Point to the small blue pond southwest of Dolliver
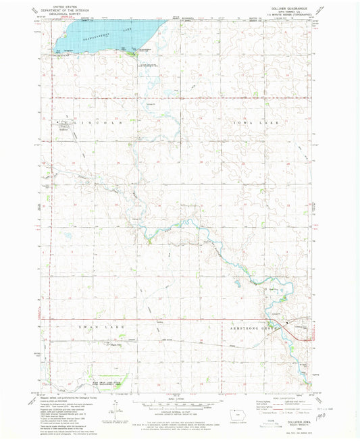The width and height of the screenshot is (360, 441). (x=68, y=237)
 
